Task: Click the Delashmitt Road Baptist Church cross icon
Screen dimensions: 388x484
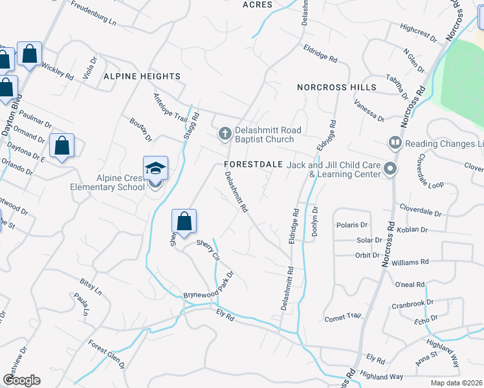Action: (x=225, y=134)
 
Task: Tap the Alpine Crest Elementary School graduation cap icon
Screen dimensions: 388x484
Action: (x=155, y=169)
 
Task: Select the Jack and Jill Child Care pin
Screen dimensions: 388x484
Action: (x=390, y=169)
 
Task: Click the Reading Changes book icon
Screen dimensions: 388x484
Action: (x=395, y=142)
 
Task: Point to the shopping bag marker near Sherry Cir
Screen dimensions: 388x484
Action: (x=184, y=221)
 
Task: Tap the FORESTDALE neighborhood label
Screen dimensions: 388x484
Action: (x=254, y=164)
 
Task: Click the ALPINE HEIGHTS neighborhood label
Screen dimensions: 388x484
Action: (x=142, y=76)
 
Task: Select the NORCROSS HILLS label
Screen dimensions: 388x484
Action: (x=336, y=87)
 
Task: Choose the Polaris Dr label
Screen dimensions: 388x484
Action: (x=352, y=225)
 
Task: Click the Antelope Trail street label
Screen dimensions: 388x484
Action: (x=170, y=107)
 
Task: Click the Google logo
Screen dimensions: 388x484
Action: (x=21, y=380)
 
